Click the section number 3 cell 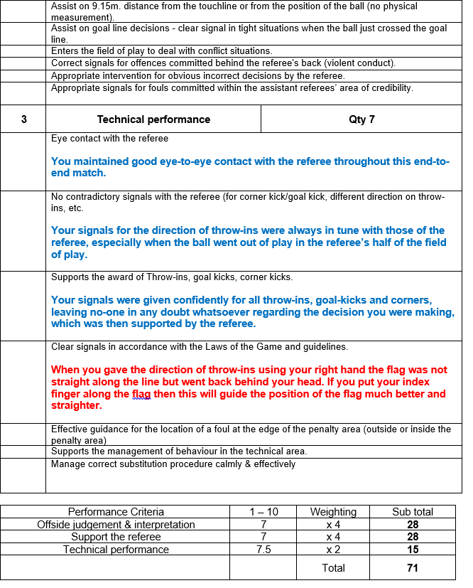click(23, 119)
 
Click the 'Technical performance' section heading click(153, 119)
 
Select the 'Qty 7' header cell click(361, 119)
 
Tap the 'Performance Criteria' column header click(116, 512)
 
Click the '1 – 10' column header click(263, 512)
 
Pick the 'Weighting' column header click(333, 512)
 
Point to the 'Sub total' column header click(413, 512)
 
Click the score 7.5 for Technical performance click(263, 550)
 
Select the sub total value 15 click(413, 550)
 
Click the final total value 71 click(413, 568)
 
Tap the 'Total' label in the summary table click(333, 568)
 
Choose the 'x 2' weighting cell click(333, 550)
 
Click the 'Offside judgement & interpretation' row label click(116, 525)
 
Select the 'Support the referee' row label click(116, 537)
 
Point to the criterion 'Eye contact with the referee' click(110, 138)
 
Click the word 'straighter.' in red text click(77, 406)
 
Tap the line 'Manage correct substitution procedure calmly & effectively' click(173, 464)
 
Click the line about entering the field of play click(161, 51)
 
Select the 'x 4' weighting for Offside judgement click(333, 525)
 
